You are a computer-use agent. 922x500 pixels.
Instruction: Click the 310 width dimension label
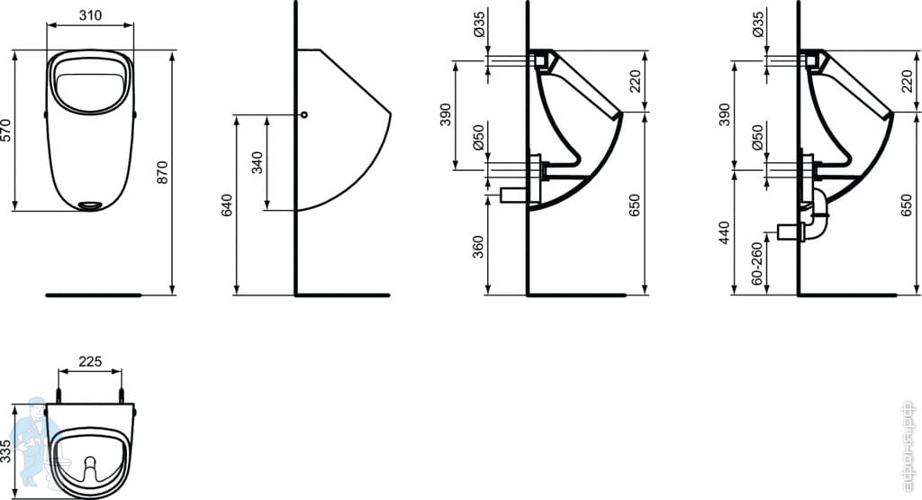(90, 15)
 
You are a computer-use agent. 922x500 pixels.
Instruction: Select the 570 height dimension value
(6, 130)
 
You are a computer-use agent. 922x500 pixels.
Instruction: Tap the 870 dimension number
(162, 172)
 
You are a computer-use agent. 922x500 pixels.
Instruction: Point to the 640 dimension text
(226, 205)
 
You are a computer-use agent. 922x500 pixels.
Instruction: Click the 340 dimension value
(257, 162)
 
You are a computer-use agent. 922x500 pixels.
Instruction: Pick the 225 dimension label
(90, 361)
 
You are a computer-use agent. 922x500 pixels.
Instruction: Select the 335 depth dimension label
(6, 451)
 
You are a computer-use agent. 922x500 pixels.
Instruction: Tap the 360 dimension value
(478, 247)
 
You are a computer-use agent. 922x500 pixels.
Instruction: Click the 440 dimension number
(725, 233)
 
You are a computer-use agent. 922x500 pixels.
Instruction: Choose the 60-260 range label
(756, 263)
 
